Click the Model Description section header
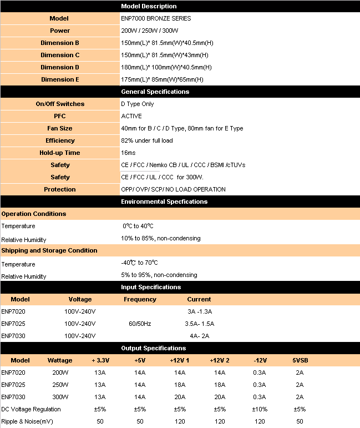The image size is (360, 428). tap(149, 6)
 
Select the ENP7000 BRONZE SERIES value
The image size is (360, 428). tap(156, 18)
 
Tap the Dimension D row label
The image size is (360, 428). tap(60, 67)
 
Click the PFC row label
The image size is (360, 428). tap(60, 116)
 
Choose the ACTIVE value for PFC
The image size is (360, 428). tap(131, 116)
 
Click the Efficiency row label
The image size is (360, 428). tap(60, 140)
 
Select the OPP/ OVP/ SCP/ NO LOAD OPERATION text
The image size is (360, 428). tap(173, 189)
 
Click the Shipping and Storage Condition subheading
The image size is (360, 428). tap(49, 250)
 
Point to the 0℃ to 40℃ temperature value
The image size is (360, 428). tap(138, 226)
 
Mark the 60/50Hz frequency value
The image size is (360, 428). tap(140, 324)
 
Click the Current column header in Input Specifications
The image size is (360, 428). tap(199, 299)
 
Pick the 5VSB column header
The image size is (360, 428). tap(300, 360)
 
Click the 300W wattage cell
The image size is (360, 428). tap(60, 397)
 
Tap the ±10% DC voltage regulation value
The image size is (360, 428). tap(260, 409)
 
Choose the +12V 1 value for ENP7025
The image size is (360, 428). tap(180, 385)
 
